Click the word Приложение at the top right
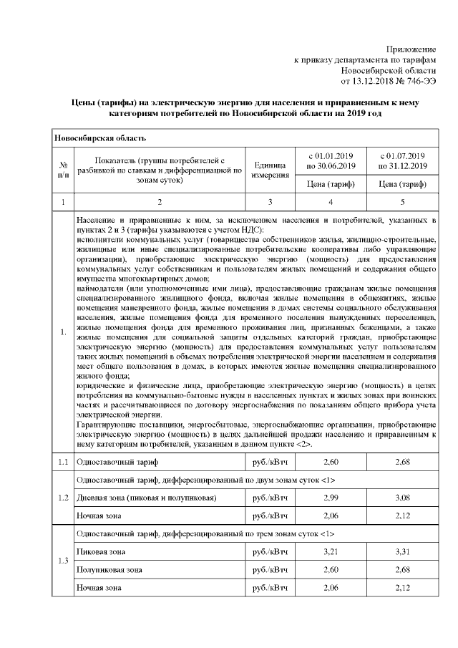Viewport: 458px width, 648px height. pos(411,47)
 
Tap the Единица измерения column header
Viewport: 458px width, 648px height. pos(270,170)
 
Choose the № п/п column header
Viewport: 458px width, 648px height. pos(63,170)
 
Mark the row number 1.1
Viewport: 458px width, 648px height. pos(63,462)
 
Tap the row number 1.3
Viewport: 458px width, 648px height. pos(63,561)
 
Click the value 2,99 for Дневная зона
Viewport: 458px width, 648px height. pos(331,498)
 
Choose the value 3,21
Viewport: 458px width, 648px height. pos(331,552)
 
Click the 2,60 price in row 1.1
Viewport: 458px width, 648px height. pos(331,462)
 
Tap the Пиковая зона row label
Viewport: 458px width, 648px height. pos(99,552)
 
